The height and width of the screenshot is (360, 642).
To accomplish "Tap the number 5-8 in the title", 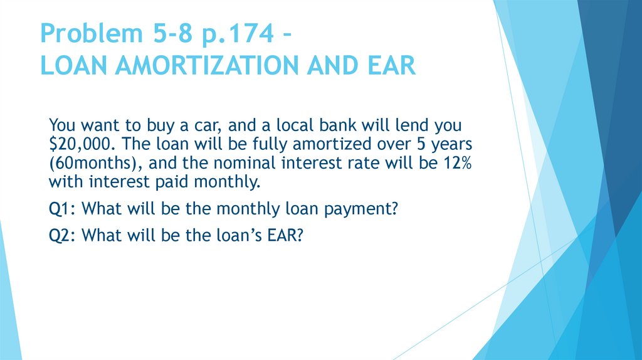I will [x=162, y=34].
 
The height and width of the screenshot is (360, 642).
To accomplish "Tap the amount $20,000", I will [x=80, y=142].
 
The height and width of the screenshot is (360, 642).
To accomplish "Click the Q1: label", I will [x=63, y=209].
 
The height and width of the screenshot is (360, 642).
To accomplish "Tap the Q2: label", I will [x=63, y=235].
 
